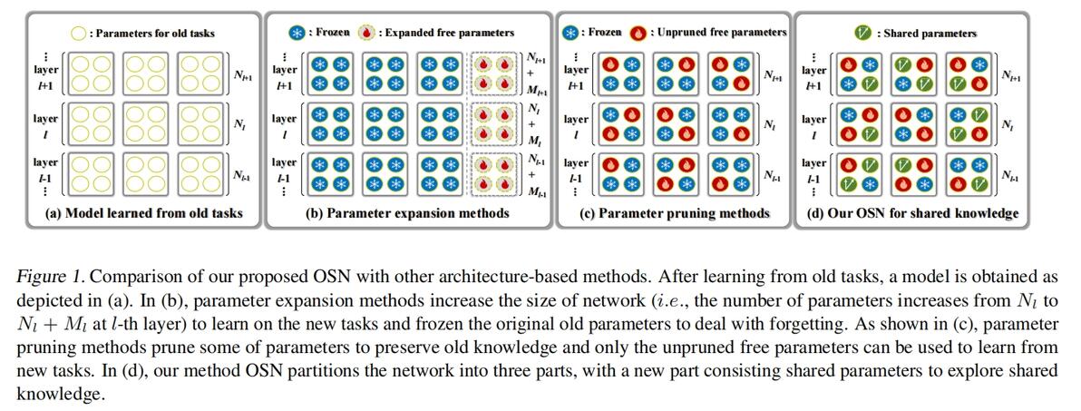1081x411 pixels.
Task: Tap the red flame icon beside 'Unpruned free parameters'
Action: pyautogui.click(x=639, y=33)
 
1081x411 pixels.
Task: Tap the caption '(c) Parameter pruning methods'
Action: pyautogui.click(x=675, y=213)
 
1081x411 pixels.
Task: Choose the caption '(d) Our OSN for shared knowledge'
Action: pyautogui.click(x=912, y=214)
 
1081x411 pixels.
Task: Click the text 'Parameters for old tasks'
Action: pyautogui.click(x=155, y=34)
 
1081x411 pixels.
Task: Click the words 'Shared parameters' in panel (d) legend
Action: pyautogui.click(x=927, y=34)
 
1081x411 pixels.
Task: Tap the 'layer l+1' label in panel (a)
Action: pyautogui.click(x=46, y=76)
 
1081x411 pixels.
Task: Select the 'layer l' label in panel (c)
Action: pyautogui.click(x=577, y=126)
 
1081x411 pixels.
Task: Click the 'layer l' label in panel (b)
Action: pyautogui.click(x=284, y=126)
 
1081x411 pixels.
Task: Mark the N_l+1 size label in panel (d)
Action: pyautogui.click(x=1011, y=76)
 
